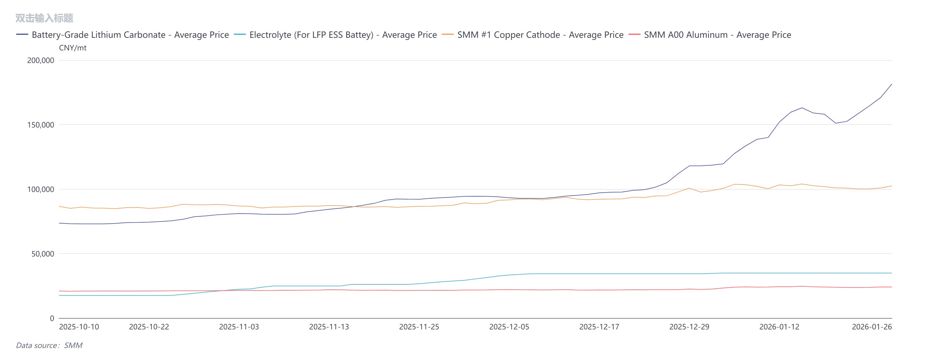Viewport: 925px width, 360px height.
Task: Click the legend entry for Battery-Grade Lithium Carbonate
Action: [130, 35]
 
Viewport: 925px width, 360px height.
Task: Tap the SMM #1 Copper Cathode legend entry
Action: [540, 35]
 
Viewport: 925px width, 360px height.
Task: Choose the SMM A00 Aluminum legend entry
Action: [717, 35]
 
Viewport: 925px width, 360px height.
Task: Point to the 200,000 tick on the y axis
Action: [41, 60]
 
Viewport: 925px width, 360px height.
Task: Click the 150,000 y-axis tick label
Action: [41, 125]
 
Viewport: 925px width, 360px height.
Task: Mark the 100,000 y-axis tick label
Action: [41, 190]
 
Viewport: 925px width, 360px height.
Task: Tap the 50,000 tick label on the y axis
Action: [42, 254]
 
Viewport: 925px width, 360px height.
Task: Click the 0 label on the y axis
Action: [52, 318]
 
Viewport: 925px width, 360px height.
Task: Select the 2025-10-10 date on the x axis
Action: [79, 327]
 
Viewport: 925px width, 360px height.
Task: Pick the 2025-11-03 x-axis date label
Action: [239, 327]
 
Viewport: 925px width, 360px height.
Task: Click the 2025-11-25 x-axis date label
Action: [419, 327]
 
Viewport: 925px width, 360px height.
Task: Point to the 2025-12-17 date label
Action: [599, 327]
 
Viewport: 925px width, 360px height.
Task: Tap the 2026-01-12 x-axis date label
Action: [779, 327]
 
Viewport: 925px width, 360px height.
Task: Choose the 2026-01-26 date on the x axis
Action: [872, 327]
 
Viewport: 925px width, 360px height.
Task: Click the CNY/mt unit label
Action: [73, 48]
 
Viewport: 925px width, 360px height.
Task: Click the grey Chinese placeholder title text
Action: [44, 18]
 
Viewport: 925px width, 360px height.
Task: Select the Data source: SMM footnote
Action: [49, 345]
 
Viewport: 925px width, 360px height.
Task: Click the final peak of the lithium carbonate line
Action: [891, 84]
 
